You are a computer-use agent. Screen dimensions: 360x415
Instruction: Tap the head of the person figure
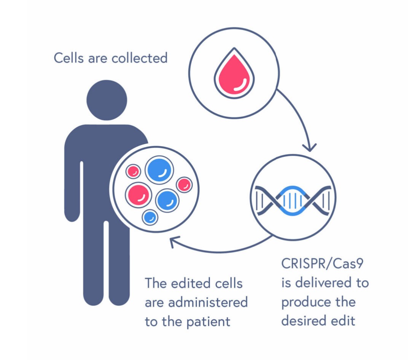click(x=107, y=100)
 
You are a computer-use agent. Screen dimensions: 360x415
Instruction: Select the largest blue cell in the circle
click(x=159, y=170)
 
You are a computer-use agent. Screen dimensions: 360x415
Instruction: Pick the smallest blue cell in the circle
click(x=150, y=217)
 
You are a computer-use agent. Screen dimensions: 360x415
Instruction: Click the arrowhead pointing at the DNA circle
click(x=311, y=146)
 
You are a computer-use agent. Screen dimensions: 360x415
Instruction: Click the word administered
click(x=208, y=302)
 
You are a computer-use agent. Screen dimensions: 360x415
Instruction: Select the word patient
click(x=208, y=322)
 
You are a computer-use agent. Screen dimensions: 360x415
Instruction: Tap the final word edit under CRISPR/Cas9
click(x=343, y=320)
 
